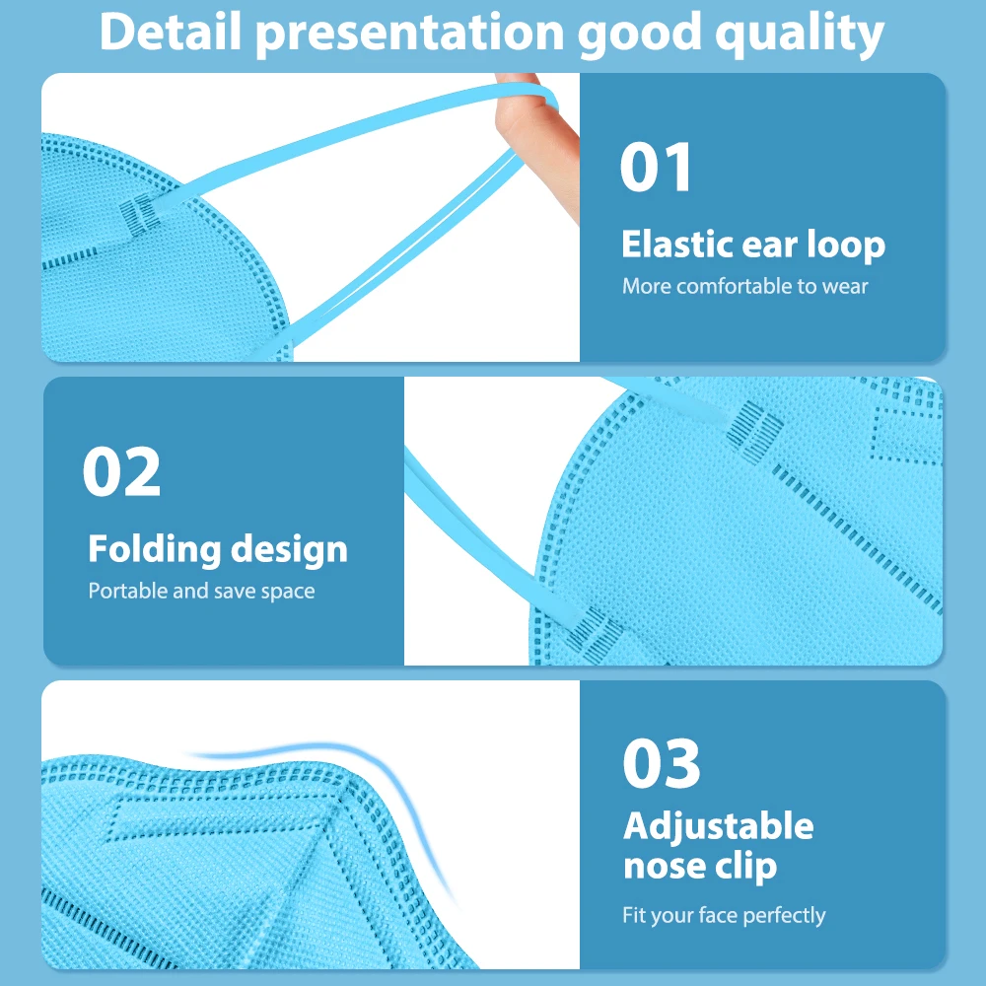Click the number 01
(x=656, y=167)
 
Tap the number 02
(x=121, y=471)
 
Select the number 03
(x=661, y=763)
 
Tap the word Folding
(x=155, y=549)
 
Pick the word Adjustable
(x=718, y=826)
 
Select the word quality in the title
(x=800, y=35)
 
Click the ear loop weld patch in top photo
(x=140, y=214)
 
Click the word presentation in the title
(x=409, y=35)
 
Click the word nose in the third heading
(x=664, y=867)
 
